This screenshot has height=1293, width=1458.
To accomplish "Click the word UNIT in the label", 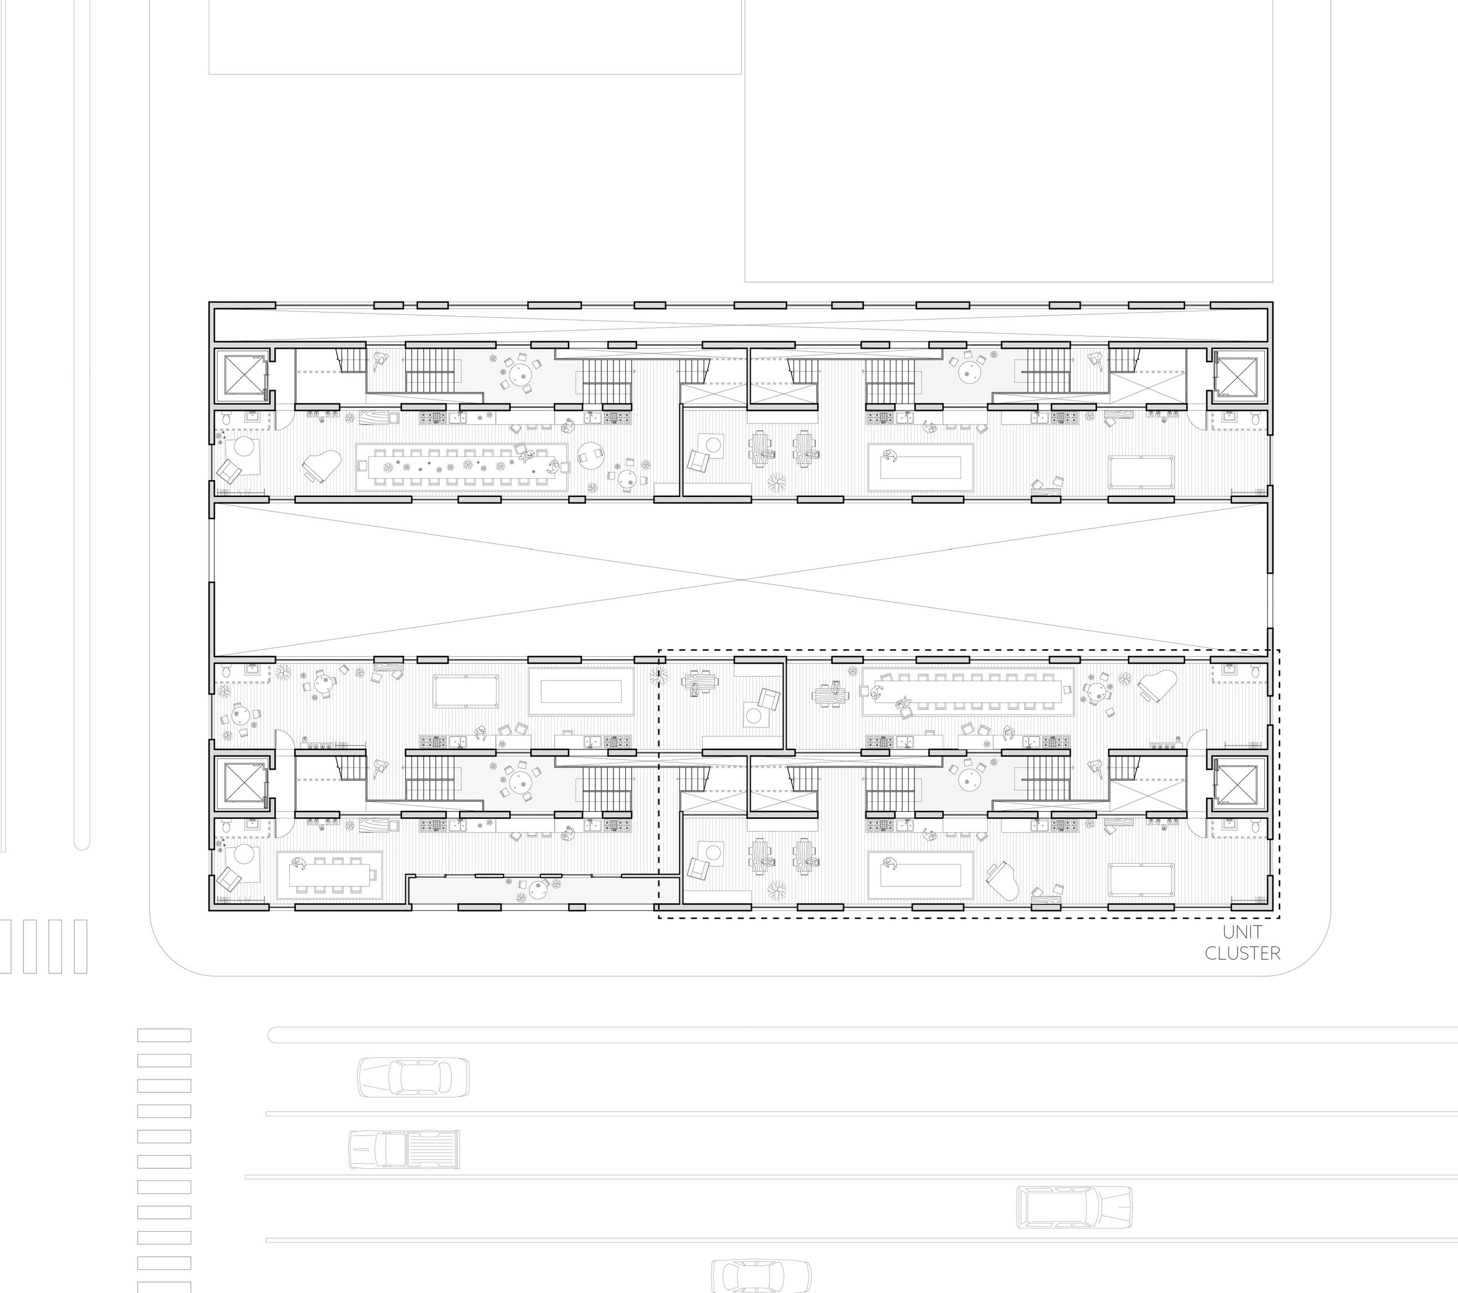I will tap(1242, 931).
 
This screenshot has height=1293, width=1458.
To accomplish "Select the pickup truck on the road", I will tap(404, 1149).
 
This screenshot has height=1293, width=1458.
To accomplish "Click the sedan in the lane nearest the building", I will tap(413, 1076).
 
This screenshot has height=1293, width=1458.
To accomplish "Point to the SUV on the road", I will tap(1074, 1206).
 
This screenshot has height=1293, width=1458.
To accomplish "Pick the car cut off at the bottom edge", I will tap(761, 1277).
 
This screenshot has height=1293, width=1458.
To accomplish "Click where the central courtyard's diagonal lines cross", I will tap(742, 579).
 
